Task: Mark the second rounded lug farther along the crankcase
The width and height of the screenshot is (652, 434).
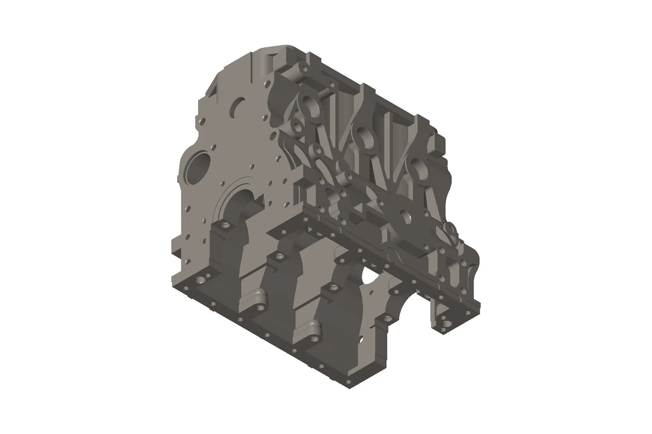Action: click(x=314, y=328)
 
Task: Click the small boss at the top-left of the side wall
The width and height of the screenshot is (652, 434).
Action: click(x=304, y=68)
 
